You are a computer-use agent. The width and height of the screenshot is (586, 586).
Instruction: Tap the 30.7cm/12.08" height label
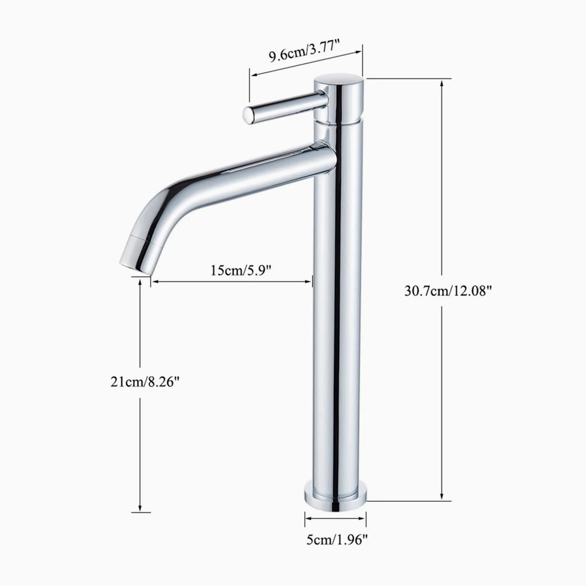[447, 290]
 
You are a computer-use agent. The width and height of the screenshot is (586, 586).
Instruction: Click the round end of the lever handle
[249, 115]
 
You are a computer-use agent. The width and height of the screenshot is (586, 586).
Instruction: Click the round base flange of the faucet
[335, 497]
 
